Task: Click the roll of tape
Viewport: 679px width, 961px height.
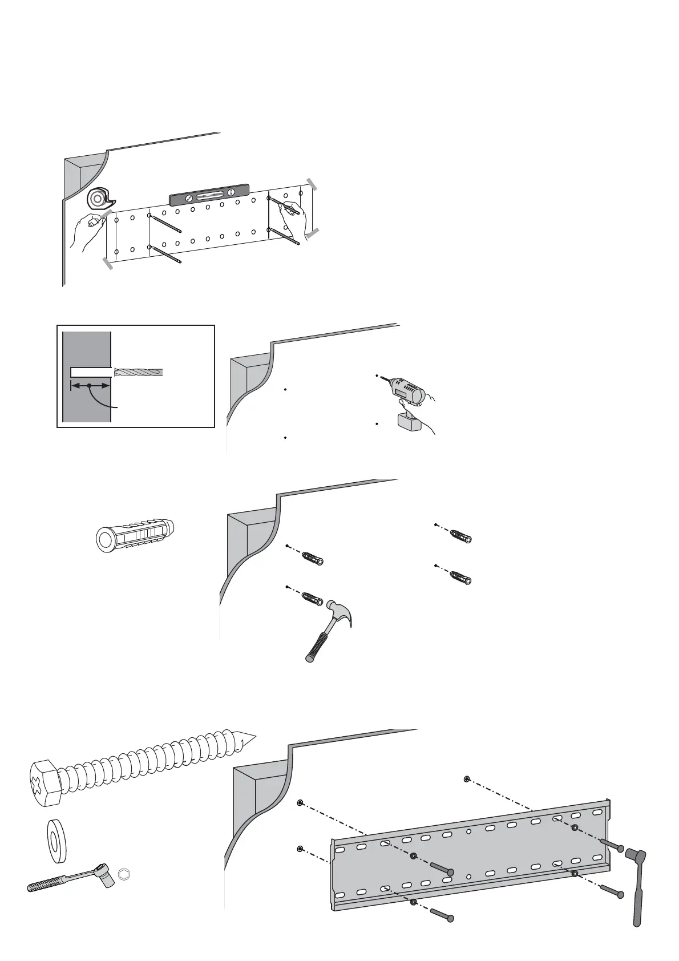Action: point(98,199)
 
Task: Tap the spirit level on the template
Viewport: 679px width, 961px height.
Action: point(209,195)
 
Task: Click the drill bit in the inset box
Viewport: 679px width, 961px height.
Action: point(138,372)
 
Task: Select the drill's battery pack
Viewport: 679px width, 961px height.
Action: point(407,422)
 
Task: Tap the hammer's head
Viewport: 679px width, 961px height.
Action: point(339,615)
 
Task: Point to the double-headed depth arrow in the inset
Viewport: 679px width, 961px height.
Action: point(90,386)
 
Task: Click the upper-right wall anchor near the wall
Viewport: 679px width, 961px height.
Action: point(460,537)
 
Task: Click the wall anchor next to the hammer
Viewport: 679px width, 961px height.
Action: point(312,599)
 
